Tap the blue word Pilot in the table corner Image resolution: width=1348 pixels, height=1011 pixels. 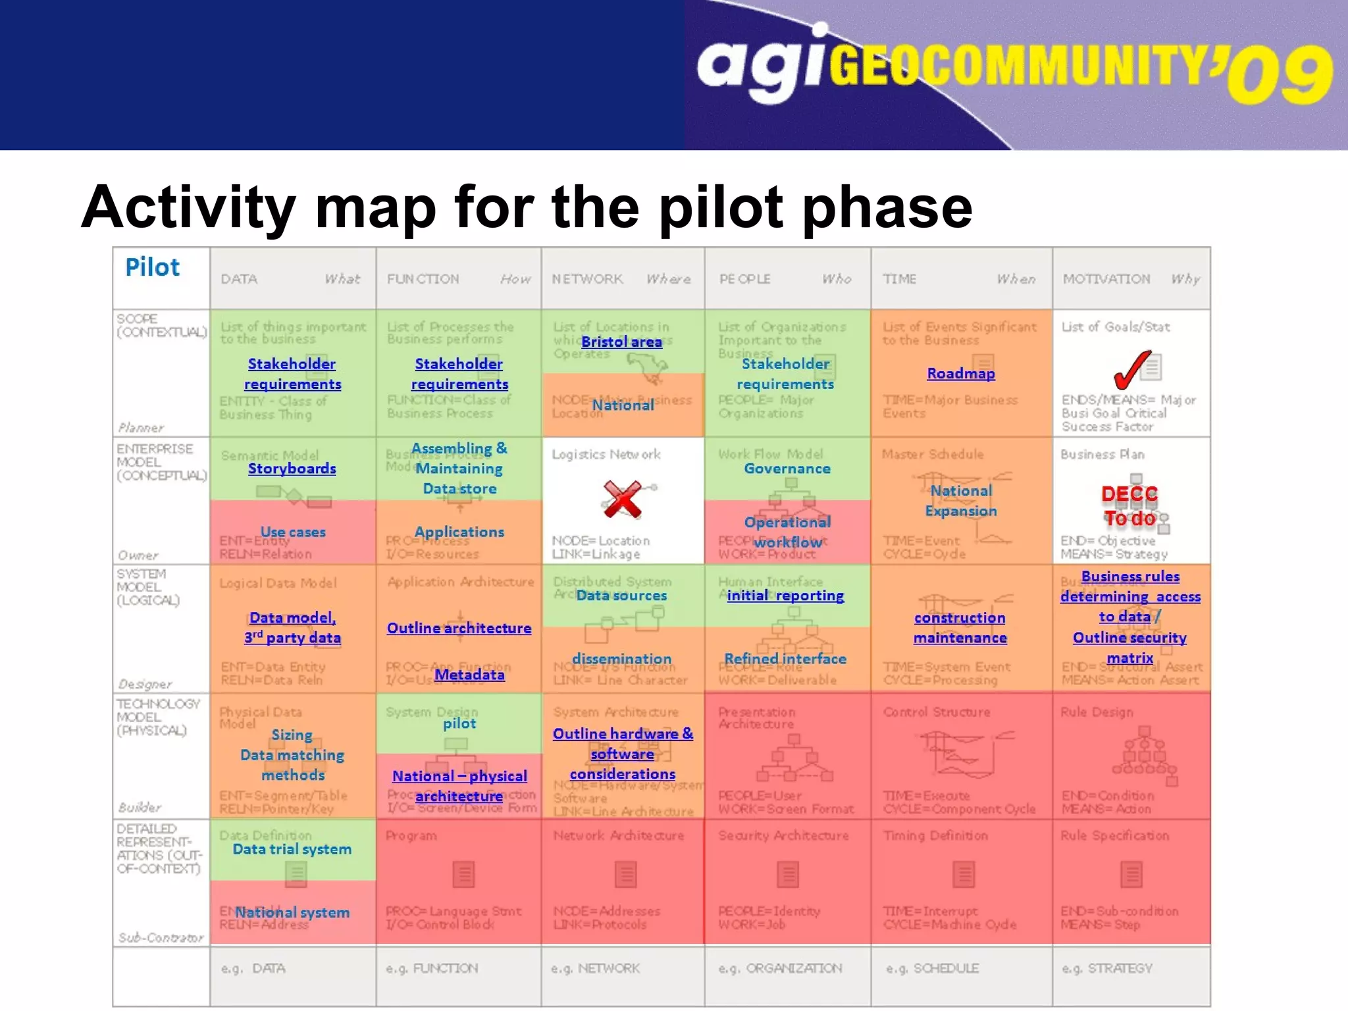pos(152,267)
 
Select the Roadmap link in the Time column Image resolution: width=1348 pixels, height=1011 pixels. pos(961,373)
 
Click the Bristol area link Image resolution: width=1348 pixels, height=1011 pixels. pos(621,342)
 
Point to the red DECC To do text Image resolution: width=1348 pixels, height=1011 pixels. pos(1129,506)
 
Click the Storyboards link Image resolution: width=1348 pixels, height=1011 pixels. pos(292,469)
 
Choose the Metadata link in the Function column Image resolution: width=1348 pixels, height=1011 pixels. pos(469,675)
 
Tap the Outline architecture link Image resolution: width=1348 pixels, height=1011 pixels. pos(459,628)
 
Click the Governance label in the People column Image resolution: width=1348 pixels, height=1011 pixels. pos(787,469)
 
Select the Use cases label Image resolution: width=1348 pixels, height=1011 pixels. pos(293,532)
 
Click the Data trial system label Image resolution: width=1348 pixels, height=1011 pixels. pos(292,849)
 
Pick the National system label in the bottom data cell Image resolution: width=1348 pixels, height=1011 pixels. pos(292,912)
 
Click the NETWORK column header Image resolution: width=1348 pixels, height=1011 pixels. pos(587,279)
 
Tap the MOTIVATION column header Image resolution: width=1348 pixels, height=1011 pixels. pos(1106,279)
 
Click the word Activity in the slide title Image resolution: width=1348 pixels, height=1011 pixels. pos(188,207)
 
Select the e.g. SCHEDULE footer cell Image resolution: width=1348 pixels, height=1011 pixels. pos(933,968)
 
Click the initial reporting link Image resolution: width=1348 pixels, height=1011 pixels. pos(785,596)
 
